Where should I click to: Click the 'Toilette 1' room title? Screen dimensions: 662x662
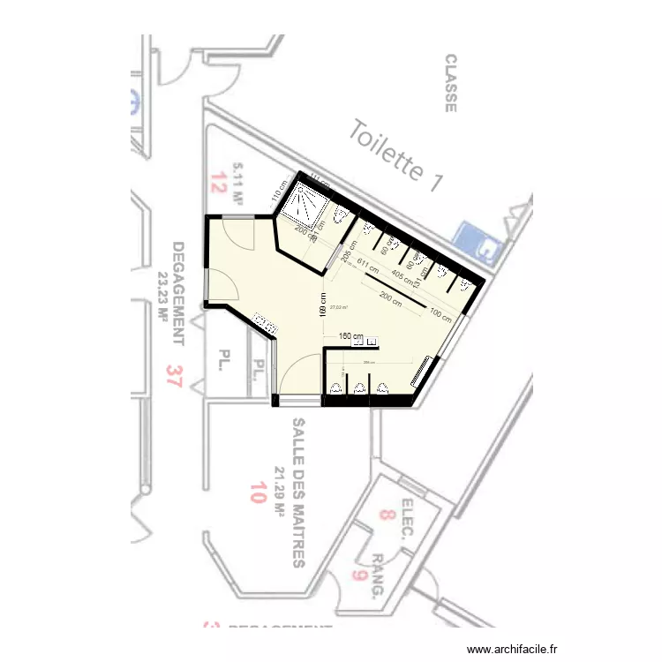[395, 157]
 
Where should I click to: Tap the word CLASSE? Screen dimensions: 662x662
[450, 84]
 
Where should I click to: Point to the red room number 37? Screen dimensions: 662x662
[174, 378]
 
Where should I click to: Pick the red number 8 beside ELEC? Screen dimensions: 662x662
[386, 514]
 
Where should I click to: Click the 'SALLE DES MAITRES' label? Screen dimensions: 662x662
[297, 493]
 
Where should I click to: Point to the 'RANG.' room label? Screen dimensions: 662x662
[377, 576]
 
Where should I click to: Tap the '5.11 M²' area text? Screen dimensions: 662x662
[237, 184]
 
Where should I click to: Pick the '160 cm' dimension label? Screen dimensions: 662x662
[351, 336]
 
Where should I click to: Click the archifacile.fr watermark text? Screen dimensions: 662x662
[513, 648]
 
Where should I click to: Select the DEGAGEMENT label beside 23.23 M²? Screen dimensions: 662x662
[178, 293]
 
